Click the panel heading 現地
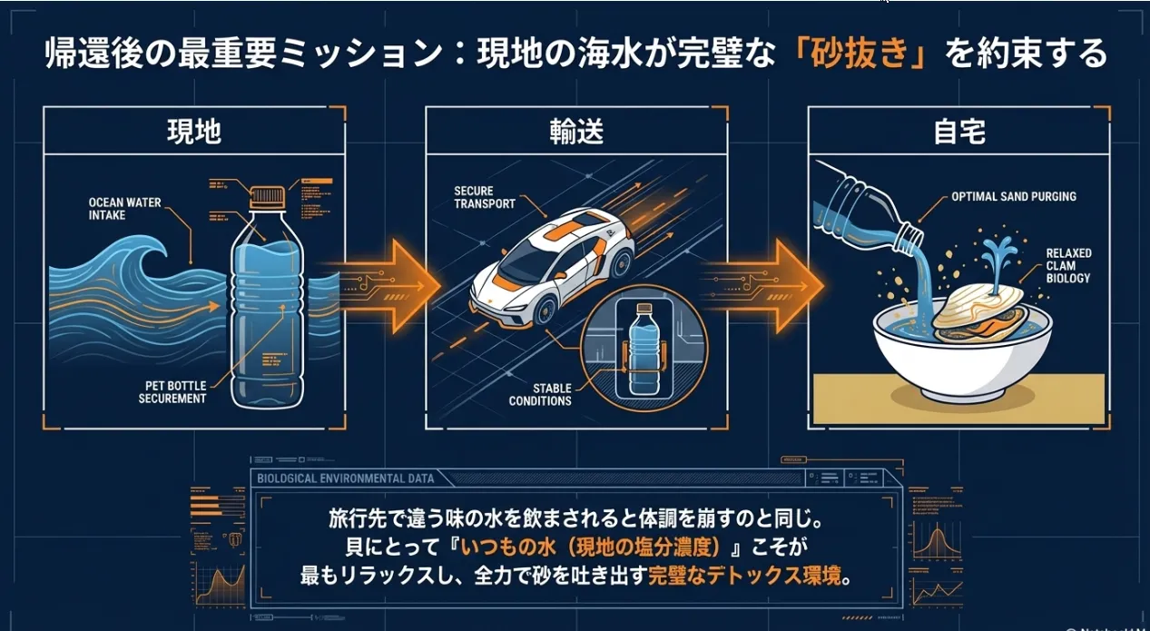(x=194, y=132)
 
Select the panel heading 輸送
(x=575, y=132)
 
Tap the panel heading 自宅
(x=959, y=132)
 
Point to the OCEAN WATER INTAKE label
(x=124, y=209)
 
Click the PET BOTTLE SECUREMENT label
(x=172, y=391)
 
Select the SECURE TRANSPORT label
(x=486, y=197)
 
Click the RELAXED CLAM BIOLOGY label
(x=1068, y=266)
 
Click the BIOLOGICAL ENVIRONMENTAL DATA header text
(x=346, y=478)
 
